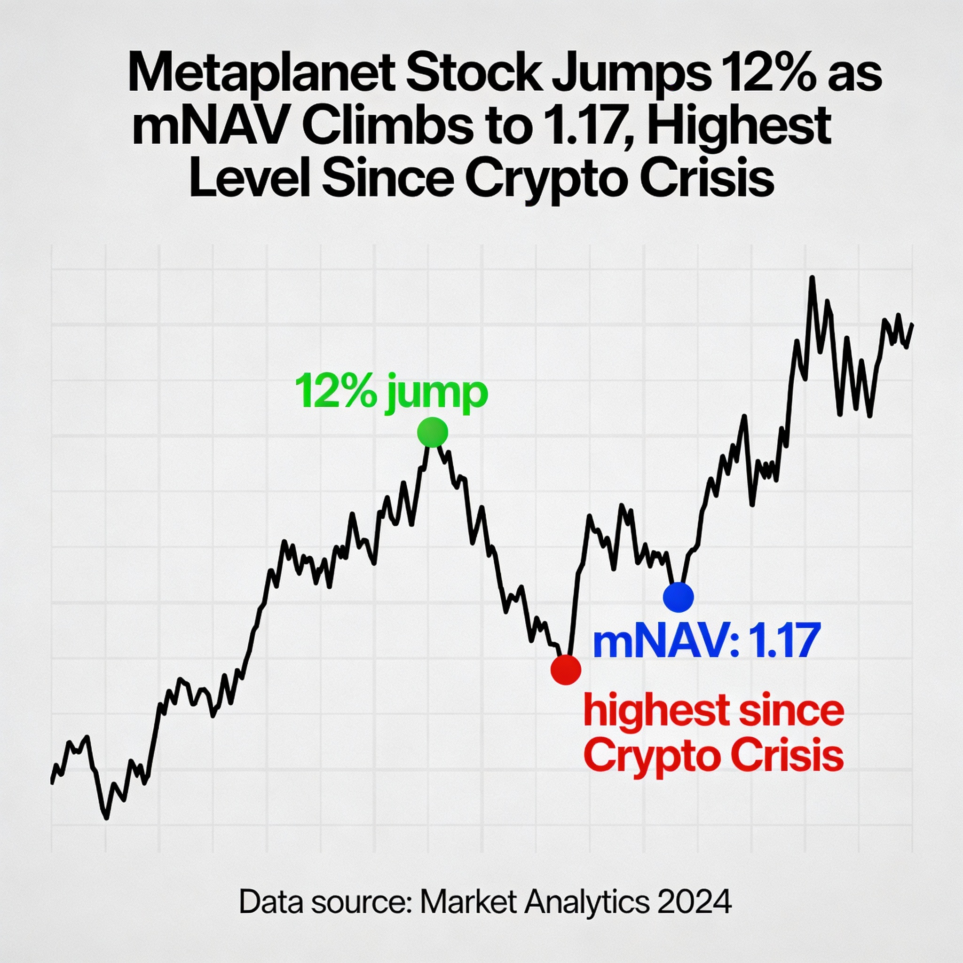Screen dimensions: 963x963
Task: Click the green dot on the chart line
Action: coord(433,432)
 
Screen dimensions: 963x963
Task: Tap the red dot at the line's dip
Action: coord(566,670)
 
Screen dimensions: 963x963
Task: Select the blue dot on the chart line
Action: coord(679,597)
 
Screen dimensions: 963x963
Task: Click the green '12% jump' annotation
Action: coord(391,393)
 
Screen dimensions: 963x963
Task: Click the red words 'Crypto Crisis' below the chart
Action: coord(713,757)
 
